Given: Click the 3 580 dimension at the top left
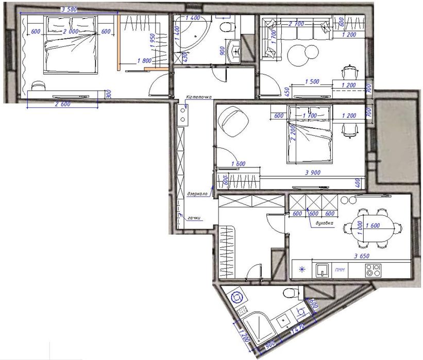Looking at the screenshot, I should [x=71, y=9].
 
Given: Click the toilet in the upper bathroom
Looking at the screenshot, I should [x=225, y=27].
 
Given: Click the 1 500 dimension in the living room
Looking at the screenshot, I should [x=311, y=81].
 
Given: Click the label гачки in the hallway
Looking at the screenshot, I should [x=194, y=218].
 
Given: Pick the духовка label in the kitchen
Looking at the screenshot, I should [x=323, y=224].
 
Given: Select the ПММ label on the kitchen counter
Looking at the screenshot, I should [x=340, y=269].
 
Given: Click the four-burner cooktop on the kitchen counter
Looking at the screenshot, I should [x=373, y=269].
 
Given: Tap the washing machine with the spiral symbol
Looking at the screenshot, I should [x=238, y=297].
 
